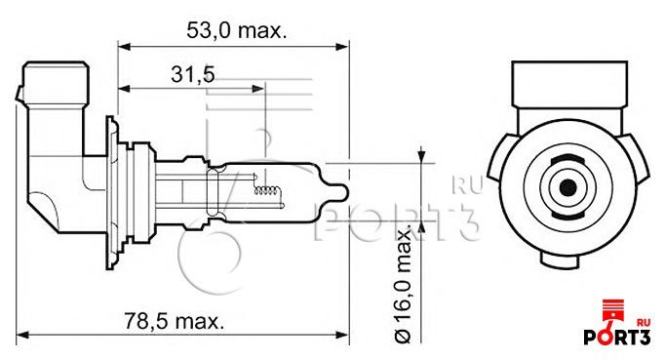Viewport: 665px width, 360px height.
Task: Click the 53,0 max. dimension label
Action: coord(237,30)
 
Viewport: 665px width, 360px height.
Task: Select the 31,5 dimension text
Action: coord(193,75)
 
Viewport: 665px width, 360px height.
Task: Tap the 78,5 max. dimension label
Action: coord(174,321)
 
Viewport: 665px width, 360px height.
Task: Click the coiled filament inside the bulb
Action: coord(266,190)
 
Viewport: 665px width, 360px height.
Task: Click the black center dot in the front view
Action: coord(567,187)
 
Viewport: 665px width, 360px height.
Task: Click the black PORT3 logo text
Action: coord(616,337)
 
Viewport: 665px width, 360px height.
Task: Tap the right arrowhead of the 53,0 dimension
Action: coord(342,46)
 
